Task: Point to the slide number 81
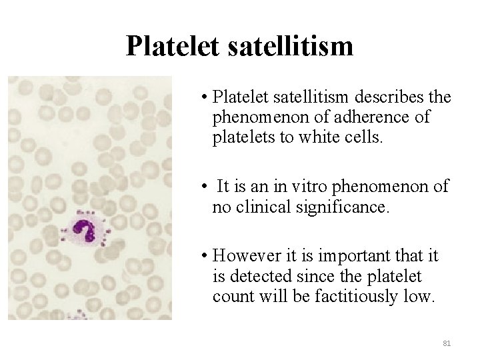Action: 447,343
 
